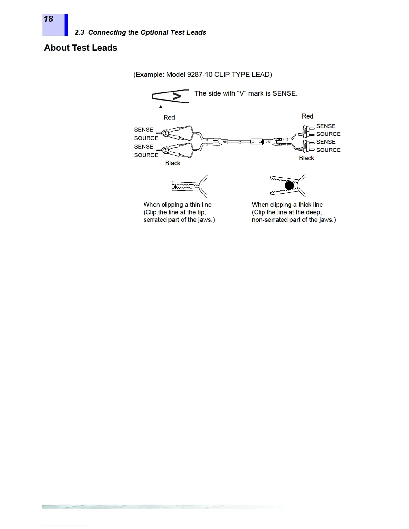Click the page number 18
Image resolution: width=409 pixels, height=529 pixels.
[x=48, y=19]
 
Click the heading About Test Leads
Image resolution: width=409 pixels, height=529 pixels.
[x=81, y=48]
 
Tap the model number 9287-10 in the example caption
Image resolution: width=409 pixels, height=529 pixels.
[x=200, y=74]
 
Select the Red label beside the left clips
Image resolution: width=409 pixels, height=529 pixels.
[x=169, y=117]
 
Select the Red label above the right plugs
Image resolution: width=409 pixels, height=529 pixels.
[x=307, y=116]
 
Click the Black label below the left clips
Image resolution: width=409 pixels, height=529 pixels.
[x=173, y=163]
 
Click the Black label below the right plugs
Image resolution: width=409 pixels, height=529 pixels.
[x=306, y=158]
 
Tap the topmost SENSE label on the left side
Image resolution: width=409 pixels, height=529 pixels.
[x=144, y=130]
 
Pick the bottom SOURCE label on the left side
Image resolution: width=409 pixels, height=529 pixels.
[x=146, y=155]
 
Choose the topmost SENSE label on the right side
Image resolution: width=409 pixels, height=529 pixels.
[x=326, y=126]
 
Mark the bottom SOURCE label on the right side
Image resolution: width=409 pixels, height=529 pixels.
[x=328, y=150]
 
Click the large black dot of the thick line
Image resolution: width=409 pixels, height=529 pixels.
[x=289, y=185]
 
